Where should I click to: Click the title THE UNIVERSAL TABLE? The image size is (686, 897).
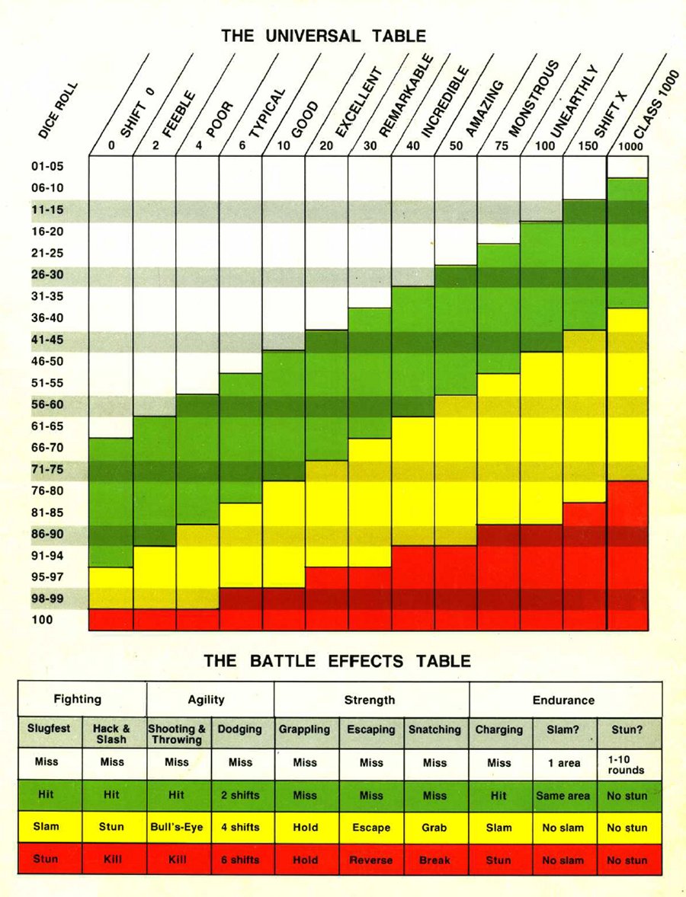[x=323, y=36]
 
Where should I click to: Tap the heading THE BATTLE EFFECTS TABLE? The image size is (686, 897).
[x=337, y=660]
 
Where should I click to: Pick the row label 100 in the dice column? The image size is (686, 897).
[x=43, y=620]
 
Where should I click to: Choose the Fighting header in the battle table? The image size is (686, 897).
[x=78, y=700]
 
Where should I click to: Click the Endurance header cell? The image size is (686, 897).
[x=565, y=700]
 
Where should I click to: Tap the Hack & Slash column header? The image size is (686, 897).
[x=111, y=734]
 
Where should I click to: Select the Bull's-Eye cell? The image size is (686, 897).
[x=177, y=828]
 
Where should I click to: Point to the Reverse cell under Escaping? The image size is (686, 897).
[x=371, y=860]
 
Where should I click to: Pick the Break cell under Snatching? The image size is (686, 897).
[x=434, y=860]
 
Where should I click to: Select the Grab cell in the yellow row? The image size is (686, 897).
[x=434, y=828]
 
